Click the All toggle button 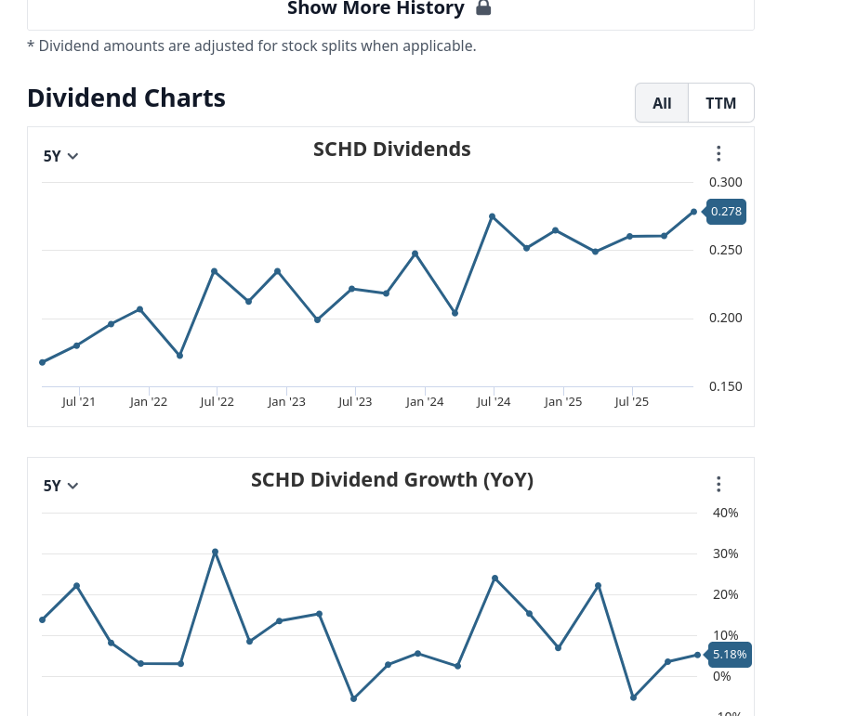tap(662, 103)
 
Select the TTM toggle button tap(720, 103)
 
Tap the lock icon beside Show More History tap(483, 8)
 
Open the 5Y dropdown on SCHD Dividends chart tap(61, 156)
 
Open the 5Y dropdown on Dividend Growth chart tap(61, 486)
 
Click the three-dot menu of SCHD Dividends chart tap(719, 154)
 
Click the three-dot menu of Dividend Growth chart tap(719, 485)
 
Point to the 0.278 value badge tap(726, 212)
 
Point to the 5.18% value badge tap(730, 655)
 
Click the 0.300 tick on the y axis tap(725, 182)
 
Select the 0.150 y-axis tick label tap(725, 386)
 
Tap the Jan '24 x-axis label tap(424, 402)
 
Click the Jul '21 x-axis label tap(79, 402)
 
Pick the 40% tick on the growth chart tap(725, 513)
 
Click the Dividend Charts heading tap(126, 98)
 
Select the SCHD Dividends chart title tap(391, 149)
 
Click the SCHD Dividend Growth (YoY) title tap(391, 479)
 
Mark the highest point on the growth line tap(215, 552)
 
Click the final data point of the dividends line tap(693, 212)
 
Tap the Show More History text tap(376, 8)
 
